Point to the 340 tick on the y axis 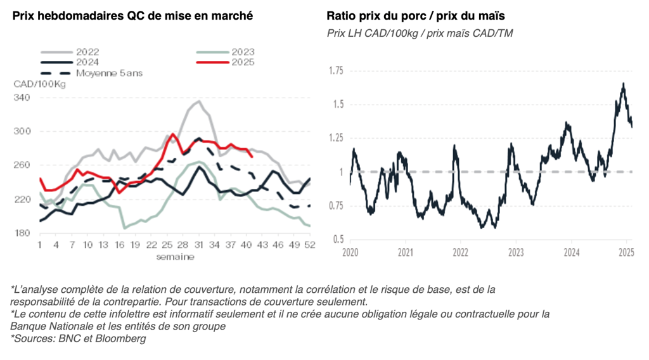pos(22,98)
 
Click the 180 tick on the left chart pos(22,233)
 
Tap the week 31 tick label pos(198,245)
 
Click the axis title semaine pos(176,257)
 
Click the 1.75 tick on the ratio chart pos(335,70)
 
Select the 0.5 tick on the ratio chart pos(338,239)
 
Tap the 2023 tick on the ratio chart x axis pos(516,252)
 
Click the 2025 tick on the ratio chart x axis pos(626,252)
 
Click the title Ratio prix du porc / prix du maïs pos(411,16)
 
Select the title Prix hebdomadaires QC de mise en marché pos(132,16)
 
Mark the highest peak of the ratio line pos(624,83)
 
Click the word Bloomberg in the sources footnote pos(124,338)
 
